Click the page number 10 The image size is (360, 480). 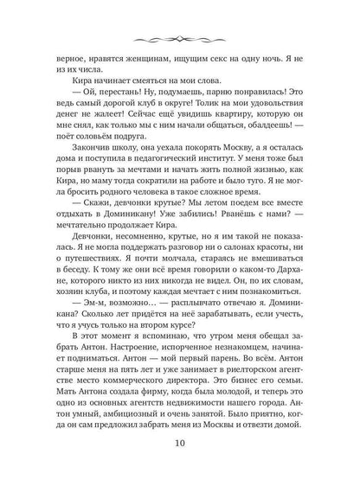180,445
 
